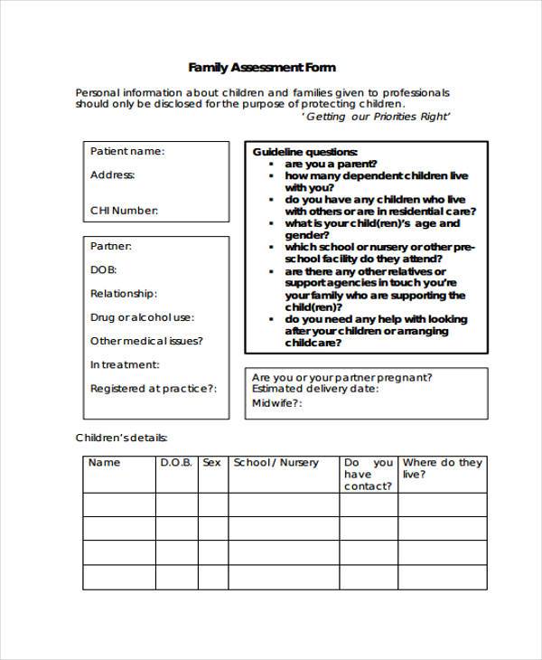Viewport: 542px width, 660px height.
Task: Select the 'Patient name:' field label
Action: coord(127,151)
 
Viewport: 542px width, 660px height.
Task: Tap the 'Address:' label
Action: coord(113,174)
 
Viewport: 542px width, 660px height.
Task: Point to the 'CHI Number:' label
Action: coord(124,211)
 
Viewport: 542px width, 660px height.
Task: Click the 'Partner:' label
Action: coord(111,246)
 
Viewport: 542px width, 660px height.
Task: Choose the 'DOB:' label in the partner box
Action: coord(103,269)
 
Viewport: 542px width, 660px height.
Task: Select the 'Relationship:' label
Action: coord(124,293)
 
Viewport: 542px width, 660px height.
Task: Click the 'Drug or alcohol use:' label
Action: coord(142,317)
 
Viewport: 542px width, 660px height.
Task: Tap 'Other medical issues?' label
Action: coord(146,341)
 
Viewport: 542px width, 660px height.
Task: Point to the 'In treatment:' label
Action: coord(125,364)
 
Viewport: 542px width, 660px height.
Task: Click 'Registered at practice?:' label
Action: coord(154,388)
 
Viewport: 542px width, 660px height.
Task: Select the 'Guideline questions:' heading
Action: coord(304,151)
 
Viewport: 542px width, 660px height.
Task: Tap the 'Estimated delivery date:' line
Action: coord(315,389)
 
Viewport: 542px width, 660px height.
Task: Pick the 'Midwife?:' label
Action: coord(276,402)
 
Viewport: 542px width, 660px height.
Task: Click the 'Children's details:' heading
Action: coord(121,438)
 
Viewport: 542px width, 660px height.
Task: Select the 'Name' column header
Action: coord(104,462)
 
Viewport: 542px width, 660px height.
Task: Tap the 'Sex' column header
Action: coord(211,462)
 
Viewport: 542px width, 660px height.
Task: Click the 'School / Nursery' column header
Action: coord(276,462)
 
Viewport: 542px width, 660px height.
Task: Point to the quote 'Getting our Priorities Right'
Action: coord(375,117)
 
